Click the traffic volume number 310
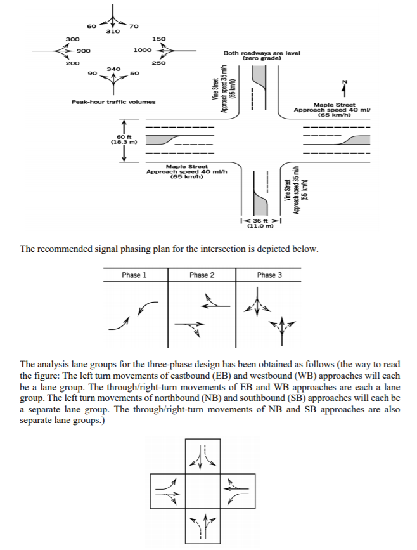[113, 31]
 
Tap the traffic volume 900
[83, 50]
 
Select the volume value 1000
[143, 50]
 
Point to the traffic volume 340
[113, 68]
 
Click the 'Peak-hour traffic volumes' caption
[113, 101]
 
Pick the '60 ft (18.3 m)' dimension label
[124, 139]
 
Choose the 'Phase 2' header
[202, 275]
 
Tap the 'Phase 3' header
[269, 275]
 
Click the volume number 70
[133, 26]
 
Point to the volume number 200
[73, 63]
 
